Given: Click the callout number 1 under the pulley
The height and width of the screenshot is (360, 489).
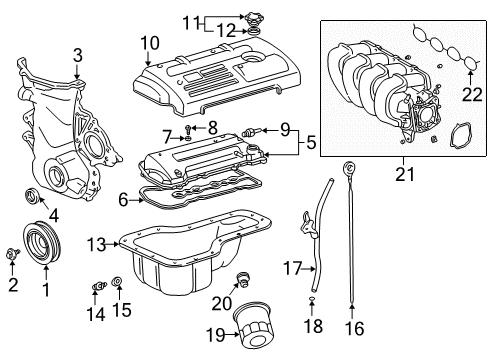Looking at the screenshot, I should [x=45, y=290].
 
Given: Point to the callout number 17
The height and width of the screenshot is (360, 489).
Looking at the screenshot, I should [x=290, y=268].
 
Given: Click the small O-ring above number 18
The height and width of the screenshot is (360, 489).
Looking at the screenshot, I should [x=313, y=299].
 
